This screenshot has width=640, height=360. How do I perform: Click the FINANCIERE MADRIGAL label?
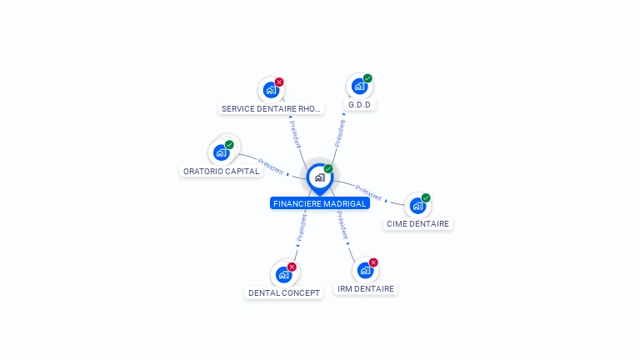click(x=320, y=203)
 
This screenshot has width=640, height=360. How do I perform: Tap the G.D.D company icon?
click(x=359, y=86)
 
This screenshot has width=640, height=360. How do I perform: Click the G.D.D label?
click(x=359, y=105)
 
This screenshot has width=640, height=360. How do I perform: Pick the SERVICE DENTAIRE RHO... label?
click(x=271, y=108)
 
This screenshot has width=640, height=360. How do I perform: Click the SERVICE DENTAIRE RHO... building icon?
click(x=271, y=90)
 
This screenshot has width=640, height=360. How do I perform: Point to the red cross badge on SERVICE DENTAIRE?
click(x=279, y=82)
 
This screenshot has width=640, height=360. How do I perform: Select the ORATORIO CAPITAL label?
click(x=221, y=171)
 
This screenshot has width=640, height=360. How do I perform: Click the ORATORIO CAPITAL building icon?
click(x=221, y=152)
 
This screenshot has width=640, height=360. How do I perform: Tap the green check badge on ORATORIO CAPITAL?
click(x=229, y=144)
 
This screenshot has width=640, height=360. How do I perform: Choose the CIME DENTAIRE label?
click(x=417, y=223)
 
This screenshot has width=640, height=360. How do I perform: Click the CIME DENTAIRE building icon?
click(x=417, y=206)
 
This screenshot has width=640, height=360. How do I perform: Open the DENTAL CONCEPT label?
click(x=284, y=292)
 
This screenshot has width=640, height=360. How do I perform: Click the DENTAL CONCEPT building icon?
click(x=283, y=275)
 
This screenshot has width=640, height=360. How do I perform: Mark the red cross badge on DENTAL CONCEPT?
click(x=292, y=267)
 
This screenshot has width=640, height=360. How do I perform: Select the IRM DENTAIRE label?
click(x=366, y=288)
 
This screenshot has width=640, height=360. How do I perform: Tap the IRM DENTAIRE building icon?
click(x=365, y=270)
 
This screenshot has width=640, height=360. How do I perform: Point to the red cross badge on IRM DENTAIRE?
click(x=373, y=262)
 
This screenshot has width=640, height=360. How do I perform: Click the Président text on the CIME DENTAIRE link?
click(x=368, y=193)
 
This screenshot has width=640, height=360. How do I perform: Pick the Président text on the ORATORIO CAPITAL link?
click(x=271, y=167)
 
